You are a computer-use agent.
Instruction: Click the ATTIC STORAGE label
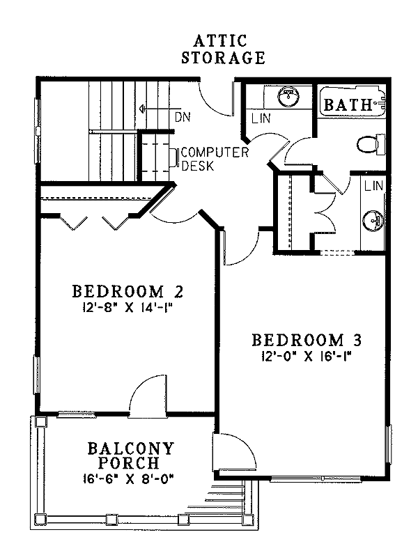(x=223, y=50)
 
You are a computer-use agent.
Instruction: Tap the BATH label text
(x=346, y=106)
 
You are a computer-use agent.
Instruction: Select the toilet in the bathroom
(x=369, y=145)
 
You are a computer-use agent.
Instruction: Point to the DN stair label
(x=183, y=117)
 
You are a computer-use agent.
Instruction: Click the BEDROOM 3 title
(x=307, y=341)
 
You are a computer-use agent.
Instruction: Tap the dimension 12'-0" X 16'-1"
(x=307, y=357)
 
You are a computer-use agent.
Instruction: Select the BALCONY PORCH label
(x=131, y=455)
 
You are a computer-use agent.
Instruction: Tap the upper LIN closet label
(x=261, y=119)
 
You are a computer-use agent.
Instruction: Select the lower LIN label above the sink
(x=373, y=186)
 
